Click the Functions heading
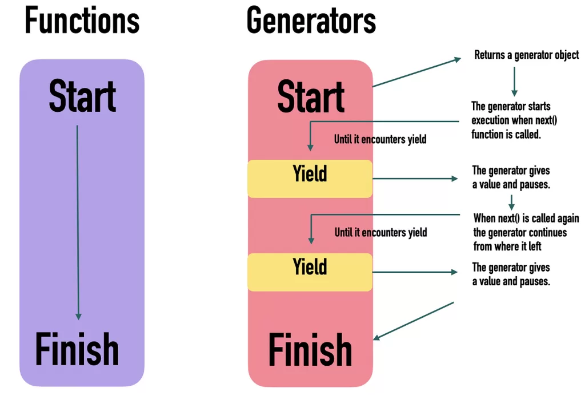click(82, 21)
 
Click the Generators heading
click(311, 21)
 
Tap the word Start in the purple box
click(82, 96)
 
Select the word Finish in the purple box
click(77, 349)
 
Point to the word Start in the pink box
click(311, 96)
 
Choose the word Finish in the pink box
click(310, 349)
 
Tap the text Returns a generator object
click(526, 55)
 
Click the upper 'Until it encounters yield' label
click(380, 139)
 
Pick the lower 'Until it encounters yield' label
click(380, 232)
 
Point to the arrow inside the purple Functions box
click(78, 223)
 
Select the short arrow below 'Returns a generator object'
click(514, 81)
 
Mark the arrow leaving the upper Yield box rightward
click(415, 179)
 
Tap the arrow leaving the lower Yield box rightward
click(415, 272)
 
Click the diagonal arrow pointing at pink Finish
click(414, 321)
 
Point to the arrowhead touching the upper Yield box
click(310, 148)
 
